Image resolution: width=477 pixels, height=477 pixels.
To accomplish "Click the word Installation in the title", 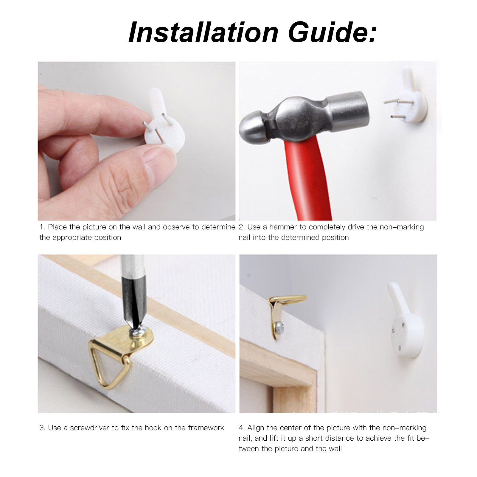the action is (x=203, y=32).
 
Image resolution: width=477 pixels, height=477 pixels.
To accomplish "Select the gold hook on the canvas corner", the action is (x=283, y=314).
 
